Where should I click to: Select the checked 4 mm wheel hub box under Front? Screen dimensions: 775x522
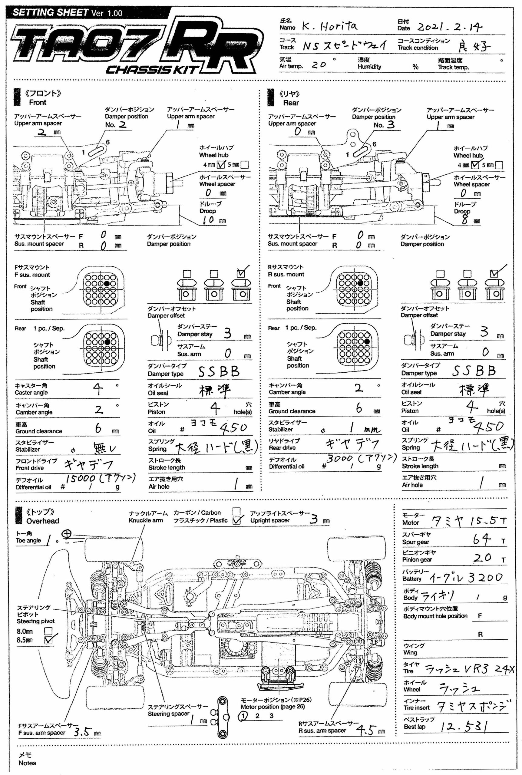[x=221, y=164]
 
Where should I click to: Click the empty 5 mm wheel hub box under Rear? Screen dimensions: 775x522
[x=499, y=165]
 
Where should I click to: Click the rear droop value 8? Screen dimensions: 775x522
[x=465, y=219]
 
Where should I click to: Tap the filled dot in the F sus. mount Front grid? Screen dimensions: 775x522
[x=107, y=283]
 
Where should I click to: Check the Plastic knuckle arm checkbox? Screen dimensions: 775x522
[x=236, y=521]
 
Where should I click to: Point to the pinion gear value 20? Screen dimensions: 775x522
[x=482, y=557]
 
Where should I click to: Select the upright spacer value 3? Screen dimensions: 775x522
[x=314, y=519]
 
